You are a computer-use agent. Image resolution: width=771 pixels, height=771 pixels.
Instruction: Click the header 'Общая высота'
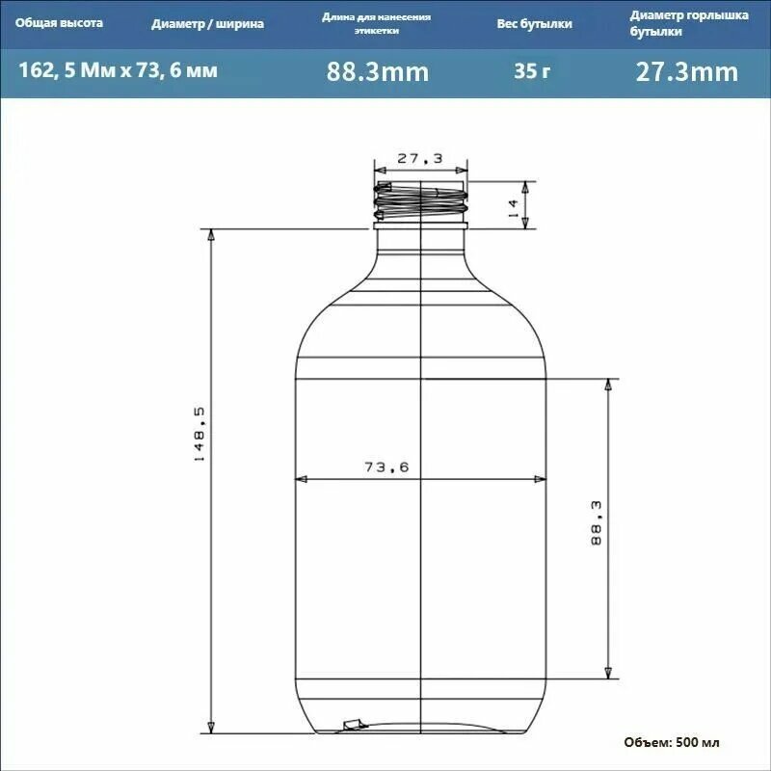[x=59, y=23]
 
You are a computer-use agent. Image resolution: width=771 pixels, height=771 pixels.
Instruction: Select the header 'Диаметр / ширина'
[x=207, y=23]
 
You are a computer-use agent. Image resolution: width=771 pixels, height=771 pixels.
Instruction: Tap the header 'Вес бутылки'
[x=535, y=23]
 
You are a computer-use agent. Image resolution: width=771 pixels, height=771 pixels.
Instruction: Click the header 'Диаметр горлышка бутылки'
[x=689, y=23]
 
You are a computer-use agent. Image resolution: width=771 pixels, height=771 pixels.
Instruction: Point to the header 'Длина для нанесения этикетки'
[x=377, y=23]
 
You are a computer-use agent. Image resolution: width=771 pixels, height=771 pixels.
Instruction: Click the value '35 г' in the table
[x=532, y=71]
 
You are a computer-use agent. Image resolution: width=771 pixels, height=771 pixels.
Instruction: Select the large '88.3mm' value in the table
[x=378, y=71]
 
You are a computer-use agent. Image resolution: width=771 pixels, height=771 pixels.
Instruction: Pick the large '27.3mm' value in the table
[x=687, y=71]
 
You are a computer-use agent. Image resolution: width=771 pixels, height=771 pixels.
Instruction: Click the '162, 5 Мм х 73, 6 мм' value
[x=118, y=70]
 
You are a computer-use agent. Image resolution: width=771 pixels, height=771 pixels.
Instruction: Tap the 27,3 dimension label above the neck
[x=420, y=158]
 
